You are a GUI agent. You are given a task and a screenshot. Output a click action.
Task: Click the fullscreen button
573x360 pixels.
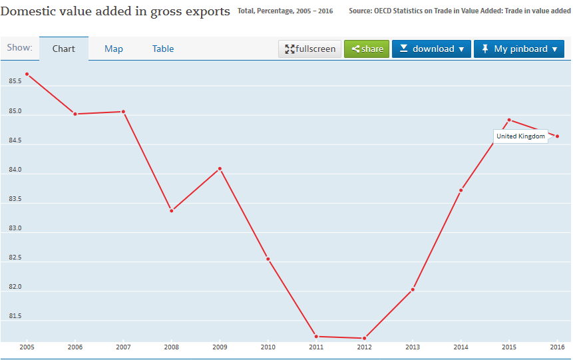[x=309, y=49]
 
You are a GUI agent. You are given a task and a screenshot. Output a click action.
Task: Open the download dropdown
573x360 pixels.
[x=431, y=49]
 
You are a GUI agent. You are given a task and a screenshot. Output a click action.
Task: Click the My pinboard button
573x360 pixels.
[x=519, y=49]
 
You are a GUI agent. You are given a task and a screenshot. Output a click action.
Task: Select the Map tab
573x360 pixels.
[x=114, y=49]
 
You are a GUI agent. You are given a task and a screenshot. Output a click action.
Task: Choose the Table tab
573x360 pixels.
[x=163, y=49]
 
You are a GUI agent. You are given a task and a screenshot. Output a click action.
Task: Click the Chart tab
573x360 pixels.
[x=64, y=49]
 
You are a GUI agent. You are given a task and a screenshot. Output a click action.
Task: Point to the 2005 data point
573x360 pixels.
[x=27, y=74]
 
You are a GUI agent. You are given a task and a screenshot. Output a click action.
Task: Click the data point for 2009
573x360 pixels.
[x=220, y=169]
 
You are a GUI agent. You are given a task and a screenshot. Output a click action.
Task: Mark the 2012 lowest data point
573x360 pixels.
[x=365, y=338]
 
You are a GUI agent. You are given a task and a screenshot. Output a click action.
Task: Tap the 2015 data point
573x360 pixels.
[x=509, y=120]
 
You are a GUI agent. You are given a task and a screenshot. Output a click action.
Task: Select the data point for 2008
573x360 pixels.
[x=172, y=211]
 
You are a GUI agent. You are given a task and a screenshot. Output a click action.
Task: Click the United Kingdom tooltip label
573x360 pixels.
[x=520, y=136]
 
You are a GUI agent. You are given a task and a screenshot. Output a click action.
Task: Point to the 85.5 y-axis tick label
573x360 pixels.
[x=15, y=81]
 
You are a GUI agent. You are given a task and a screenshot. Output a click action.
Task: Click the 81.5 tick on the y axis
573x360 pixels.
[x=15, y=316]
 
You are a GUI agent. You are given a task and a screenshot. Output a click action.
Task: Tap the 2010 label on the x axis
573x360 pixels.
[x=268, y=347]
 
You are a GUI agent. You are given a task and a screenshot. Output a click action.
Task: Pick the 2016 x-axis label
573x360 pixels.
[x=557, y=347]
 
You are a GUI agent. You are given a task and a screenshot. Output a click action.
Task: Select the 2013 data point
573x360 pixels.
[x=413, y=289]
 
